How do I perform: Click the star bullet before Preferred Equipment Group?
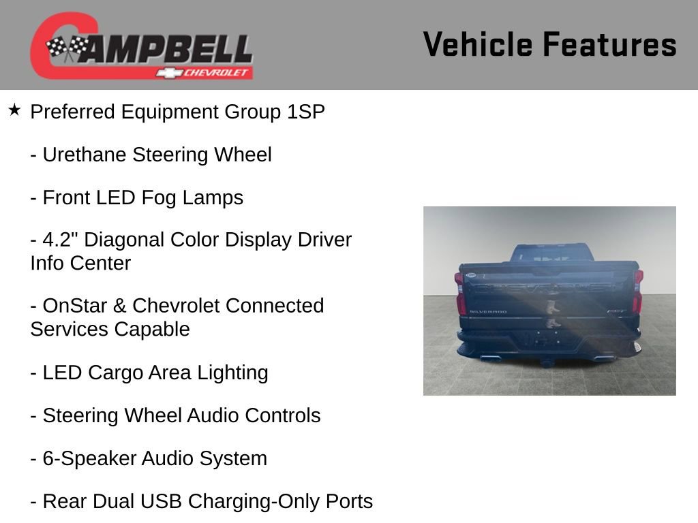14,110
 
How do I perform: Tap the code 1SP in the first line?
306,112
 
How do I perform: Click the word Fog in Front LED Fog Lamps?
159,198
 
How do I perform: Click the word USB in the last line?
162,502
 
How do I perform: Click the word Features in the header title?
610,45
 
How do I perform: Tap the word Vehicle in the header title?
478,45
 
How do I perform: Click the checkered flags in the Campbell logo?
67,48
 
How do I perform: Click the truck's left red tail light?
460,293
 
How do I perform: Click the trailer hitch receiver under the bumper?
548,362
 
